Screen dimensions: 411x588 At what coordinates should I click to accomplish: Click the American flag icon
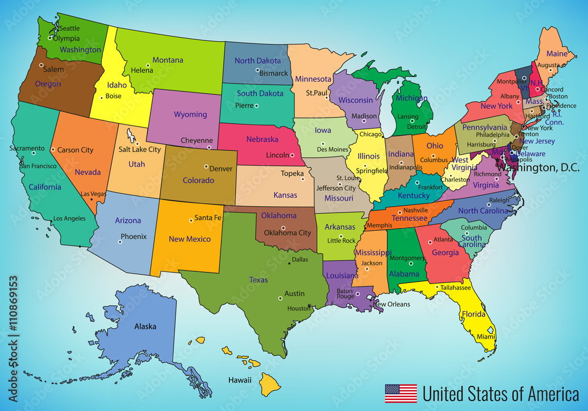pos(400,393)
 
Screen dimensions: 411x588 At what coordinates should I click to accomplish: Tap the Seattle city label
pos(69,28)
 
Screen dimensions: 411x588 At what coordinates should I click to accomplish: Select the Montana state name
pos(168,60)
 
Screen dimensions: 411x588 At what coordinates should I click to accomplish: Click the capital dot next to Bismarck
pos(257,70)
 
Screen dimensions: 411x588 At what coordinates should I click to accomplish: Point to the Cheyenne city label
pos(196,140)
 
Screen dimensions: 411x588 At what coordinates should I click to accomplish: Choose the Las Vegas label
pos(93,194)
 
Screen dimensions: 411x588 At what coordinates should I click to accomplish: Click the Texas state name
pos(258,280)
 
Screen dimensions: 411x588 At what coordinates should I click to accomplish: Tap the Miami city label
pos(486,336)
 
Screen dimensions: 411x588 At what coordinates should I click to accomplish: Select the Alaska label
pos(145,326)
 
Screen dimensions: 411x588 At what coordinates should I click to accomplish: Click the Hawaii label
pos(240,380)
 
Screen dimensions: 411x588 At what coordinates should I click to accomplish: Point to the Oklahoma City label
pos(288,233)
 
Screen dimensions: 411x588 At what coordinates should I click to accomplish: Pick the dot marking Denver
pos(206,166)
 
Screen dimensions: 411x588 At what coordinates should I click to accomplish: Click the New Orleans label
pos(392,304)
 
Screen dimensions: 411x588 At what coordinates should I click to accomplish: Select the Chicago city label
pos(370,134)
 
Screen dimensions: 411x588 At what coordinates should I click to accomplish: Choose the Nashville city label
pos(416,210)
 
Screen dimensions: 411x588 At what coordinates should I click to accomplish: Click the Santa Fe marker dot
pos(191,221)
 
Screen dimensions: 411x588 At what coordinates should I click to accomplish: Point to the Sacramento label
pos(26,149)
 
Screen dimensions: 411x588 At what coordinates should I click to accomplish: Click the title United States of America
pos(500,393)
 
